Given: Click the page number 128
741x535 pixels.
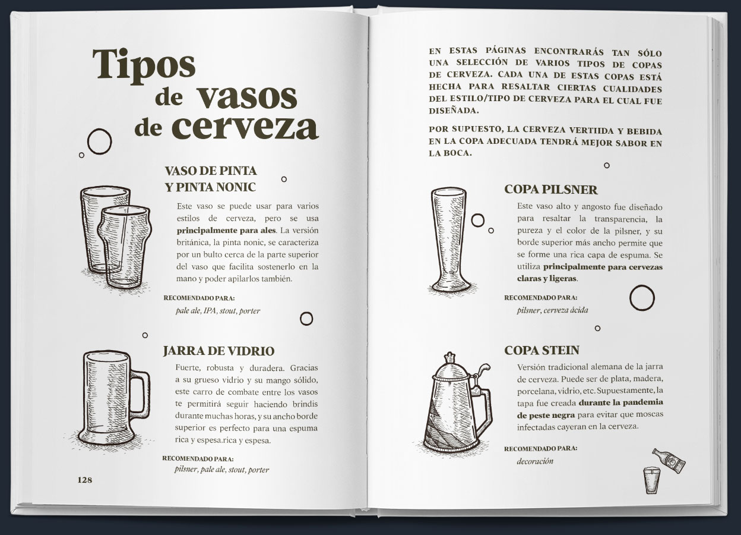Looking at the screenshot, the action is coord(85,480).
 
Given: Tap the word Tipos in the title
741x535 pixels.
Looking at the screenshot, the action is coord(144,66).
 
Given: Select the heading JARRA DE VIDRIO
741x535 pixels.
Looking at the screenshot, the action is coord(218,351).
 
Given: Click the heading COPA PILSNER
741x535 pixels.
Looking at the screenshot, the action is coord(551,190).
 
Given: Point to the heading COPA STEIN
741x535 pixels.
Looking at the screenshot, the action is coord(542,350).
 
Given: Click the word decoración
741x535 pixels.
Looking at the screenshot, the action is coord(535,461).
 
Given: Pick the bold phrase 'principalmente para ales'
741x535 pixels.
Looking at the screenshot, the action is coord(226,230).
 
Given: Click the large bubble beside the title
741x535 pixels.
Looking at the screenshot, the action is coord(100,141).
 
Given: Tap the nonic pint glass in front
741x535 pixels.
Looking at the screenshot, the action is coord(125,247).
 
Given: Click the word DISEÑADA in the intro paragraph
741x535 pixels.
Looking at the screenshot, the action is coord(454,111).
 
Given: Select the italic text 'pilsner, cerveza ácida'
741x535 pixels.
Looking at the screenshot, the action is coord(552,310).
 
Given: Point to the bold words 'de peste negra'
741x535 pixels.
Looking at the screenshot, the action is coord(546,415).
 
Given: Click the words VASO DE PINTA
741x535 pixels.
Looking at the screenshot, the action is coord(211,171).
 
